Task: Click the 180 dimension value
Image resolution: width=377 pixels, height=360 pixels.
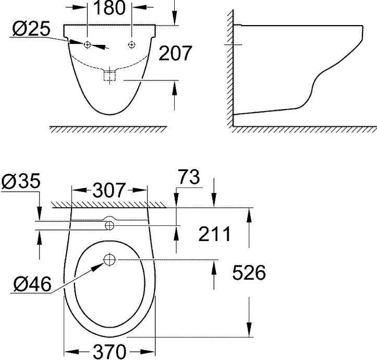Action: [x=110, y=8]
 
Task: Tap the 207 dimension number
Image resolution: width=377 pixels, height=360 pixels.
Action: [x=175, y=53]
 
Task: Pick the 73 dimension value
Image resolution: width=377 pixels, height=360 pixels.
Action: [x=187, y=178]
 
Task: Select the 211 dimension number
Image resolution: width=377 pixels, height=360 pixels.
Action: [x=214, y=235]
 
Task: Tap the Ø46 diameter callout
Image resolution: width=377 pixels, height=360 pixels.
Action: [x=33, y=284]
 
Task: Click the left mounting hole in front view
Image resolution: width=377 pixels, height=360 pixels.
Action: [x=88, y=45]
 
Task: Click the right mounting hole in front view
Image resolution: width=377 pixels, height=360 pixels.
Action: [x=130, y=45]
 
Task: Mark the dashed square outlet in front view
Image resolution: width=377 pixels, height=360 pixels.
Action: [x=109, y=76]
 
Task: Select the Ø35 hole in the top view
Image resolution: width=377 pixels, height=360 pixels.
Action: [x=110, y=225]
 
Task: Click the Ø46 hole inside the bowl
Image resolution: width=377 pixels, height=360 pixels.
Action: [x=110, y=259]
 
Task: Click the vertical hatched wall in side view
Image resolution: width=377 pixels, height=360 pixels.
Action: [x=229, y=68]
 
